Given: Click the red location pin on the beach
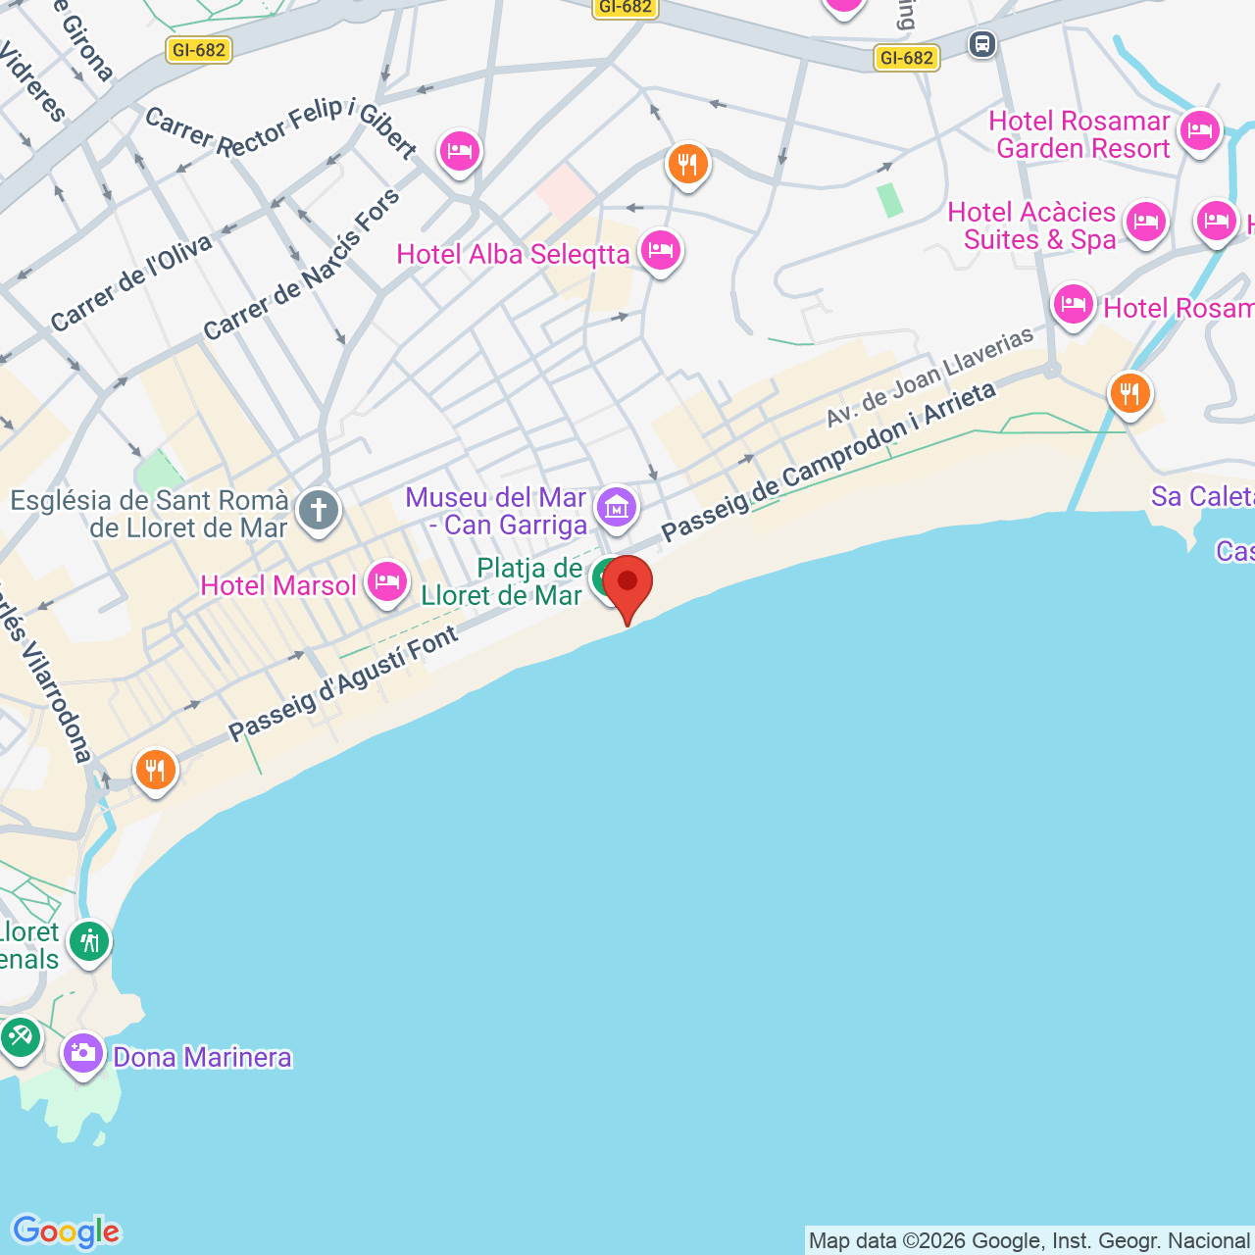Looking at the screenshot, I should (627, 584).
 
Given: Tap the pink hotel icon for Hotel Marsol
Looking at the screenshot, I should (387, 582).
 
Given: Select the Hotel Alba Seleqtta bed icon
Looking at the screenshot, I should (661, 251).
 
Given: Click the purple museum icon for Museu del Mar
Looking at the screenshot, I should (617, 507).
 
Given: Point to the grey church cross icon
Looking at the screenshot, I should (319, 511).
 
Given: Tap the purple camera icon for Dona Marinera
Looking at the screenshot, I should (83, 1054).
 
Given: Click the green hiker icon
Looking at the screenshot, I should (89, 942).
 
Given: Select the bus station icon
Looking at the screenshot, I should (982, 44).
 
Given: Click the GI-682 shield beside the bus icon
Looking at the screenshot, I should (906, 58).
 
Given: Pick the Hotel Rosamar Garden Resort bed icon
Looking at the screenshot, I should (1200, 129).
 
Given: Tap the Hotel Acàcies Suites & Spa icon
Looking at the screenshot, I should (1145, 223).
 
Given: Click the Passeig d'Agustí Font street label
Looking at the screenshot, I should (343, 683).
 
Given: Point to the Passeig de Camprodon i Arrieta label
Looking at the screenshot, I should (828, 461).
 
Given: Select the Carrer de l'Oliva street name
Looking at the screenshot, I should (131, 283).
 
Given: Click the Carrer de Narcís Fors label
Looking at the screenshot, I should (302, 264).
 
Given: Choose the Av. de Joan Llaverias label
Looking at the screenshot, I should (929, 376).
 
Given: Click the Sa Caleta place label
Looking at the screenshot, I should (1202, 497).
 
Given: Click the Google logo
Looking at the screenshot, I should (66, 1231).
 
